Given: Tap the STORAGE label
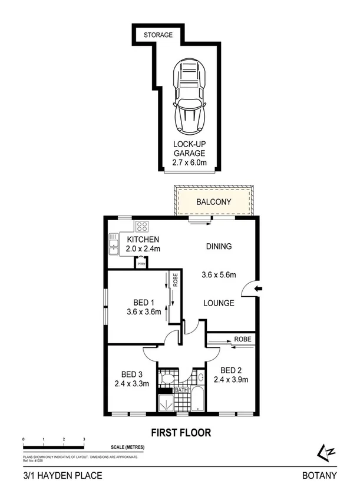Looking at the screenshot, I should click(158, 35).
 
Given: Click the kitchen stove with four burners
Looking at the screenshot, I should click(142, 227).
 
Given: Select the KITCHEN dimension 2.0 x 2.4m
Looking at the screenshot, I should click(143, 249).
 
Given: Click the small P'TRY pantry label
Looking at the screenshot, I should click(141, 265).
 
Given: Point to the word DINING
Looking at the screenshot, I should click(219, 247).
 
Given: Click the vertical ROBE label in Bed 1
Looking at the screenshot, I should click(175, 280).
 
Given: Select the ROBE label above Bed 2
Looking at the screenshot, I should click(243, 340).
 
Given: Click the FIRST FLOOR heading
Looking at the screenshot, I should click(181, 432).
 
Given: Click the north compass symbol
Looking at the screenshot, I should click(325, 452).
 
